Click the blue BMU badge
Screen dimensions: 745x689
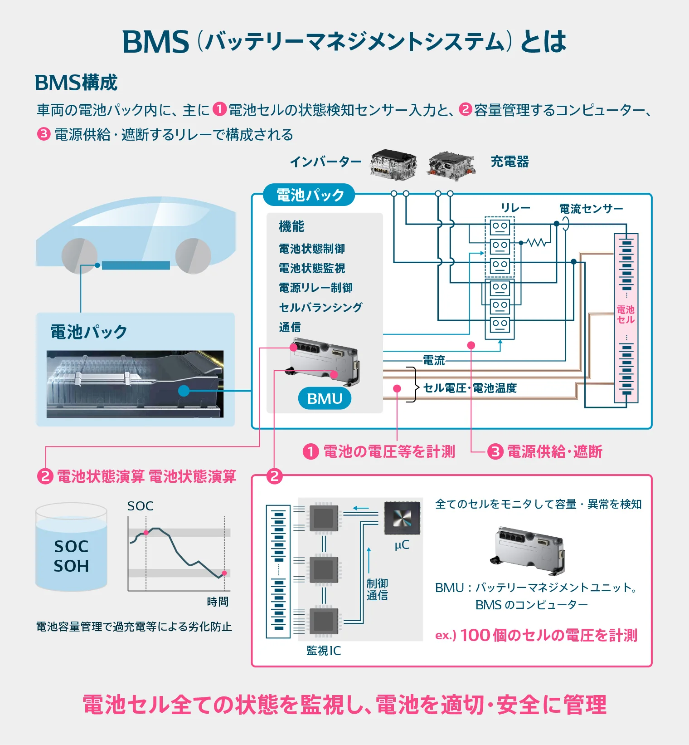tap(325, 398)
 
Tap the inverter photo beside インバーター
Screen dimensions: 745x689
tap(393, 164)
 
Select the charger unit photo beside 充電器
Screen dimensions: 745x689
tap(451, 165)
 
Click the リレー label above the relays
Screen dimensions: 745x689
tap(515, 208)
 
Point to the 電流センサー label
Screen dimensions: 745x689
tap(591, 209)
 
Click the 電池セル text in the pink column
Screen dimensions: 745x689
tap(626, 314)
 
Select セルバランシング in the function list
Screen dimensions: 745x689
tap(320, 307)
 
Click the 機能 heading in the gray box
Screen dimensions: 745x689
tap(291, 226)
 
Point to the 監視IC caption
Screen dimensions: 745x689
tap(324, 651)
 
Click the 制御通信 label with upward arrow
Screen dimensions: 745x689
tap(377, 589)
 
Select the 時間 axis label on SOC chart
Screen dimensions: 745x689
tap(218, 602)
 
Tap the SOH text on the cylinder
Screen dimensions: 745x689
tap(71, 566)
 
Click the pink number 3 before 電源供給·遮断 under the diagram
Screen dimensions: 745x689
tap(495, 451)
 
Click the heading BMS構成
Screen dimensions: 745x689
tap(76, 83)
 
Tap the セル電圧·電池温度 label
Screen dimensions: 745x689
tap(470, 388)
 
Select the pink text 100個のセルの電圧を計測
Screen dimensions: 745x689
tap(548, 635)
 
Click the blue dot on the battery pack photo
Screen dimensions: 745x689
tap(184, 390)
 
